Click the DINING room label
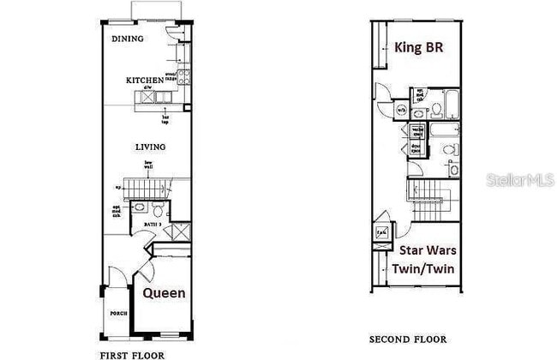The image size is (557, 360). pyautogui.click(x=127, y=39)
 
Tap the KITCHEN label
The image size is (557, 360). pyautogui.click(x=143, y=81)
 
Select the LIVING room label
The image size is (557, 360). pyautogui.click(x=150, y=147)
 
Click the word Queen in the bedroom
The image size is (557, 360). pyautogui.click(x=164, y=292)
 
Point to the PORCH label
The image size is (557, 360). pyautogui.click(x=118, y=314)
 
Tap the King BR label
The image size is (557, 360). pyautogui.click(x=419, y=46)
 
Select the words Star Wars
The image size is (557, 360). pyautogui.click(x=428, y=250)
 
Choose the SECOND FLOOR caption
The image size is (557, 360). pyautogui.click(x=408, y=339)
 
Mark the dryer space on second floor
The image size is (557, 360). pyautogui.click(x=416, y=147)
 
